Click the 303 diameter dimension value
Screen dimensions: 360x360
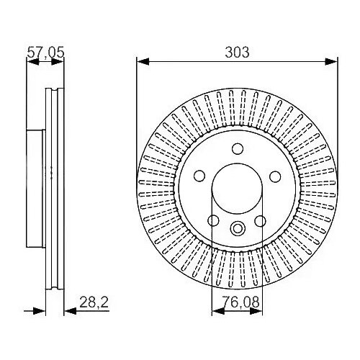pos(237,53)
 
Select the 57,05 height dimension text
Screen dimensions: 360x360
pos(45,53)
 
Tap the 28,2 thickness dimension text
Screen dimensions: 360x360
pos(94,302)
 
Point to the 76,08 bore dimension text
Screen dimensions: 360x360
pos(240,302)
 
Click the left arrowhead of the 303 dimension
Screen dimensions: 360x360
pos(143,61)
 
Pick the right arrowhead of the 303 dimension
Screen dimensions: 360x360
pos(331,61)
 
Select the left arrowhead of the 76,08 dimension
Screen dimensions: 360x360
pos(218,311)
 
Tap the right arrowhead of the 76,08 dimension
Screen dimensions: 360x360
pos(256,311)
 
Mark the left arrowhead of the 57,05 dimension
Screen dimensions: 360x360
pos(32,62)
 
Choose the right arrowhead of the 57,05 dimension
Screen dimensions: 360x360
pos(58,62)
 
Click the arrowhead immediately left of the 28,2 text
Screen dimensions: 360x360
pos(71,311)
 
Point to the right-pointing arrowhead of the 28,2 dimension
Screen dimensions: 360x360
pos(39,311)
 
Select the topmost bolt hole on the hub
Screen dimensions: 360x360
pos(238,149)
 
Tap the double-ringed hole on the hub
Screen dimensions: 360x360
pos(238,228)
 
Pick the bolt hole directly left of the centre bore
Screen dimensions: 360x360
pos(199,176)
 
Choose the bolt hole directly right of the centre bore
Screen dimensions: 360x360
pos(275,176)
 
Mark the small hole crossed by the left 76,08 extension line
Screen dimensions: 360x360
pos(213,220)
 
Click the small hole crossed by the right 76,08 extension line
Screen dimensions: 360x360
pos(260,221)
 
